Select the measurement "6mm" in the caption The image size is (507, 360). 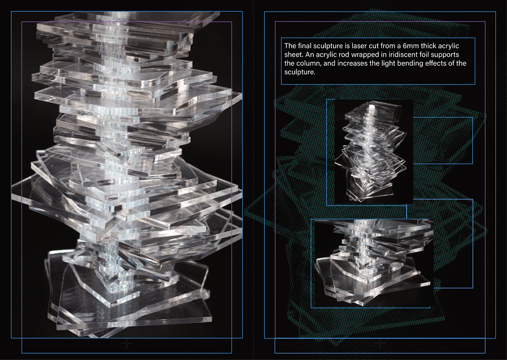click(411, 46)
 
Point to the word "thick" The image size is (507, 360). click(428, 46)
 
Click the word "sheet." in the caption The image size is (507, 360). click(294, 54)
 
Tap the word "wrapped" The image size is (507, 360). click(361, 55)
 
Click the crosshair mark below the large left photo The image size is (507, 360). click(127, 344)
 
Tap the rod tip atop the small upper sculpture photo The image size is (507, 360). click(371, 106)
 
